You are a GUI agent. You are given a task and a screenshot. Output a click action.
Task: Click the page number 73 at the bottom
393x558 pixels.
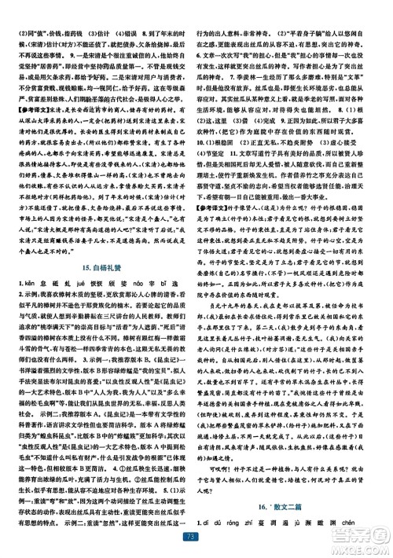tap(196, 536)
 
